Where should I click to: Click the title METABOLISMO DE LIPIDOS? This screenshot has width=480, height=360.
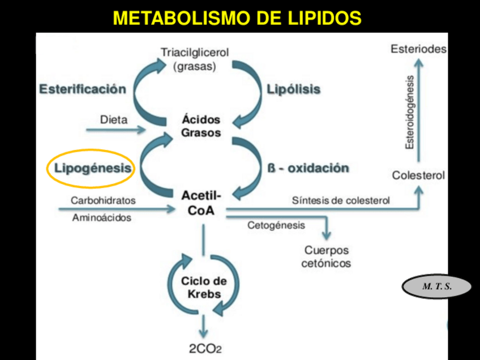[x=237, y=18]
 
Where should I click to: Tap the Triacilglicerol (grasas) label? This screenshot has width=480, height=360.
[x=195, y=59]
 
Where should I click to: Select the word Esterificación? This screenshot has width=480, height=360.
[x=83, y=89]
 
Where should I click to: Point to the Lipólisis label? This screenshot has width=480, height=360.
[x=294, y=89]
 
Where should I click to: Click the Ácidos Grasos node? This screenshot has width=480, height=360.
[x=201, y=126]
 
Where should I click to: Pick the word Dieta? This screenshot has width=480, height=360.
[x=114, y=119]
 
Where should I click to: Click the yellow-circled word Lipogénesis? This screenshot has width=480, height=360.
[x=93, y=168]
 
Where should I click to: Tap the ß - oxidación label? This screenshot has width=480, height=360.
[x=308, y=168]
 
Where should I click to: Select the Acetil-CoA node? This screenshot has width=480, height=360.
[x=201, y=203]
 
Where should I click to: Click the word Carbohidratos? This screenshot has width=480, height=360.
[x=103, y=200]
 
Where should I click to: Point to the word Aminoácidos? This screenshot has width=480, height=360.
[x=102, y=218]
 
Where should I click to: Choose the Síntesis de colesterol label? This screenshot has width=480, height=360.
[x=341, y=200]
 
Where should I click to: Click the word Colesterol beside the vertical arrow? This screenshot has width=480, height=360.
[x=418, y=175]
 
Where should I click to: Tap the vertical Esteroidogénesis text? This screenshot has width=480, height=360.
[x=410, y=112]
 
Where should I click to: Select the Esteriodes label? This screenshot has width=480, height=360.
[x=418, y=49]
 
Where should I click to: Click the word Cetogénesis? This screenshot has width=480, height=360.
[x=276, y=226]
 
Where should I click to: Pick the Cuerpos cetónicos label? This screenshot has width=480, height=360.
[x=327, y=256]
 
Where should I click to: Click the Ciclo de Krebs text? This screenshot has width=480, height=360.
[x=204, y=288]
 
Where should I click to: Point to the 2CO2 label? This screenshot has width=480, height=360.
[x=205, y=349]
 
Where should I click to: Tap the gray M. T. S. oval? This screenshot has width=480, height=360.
[x=437, y=286]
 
